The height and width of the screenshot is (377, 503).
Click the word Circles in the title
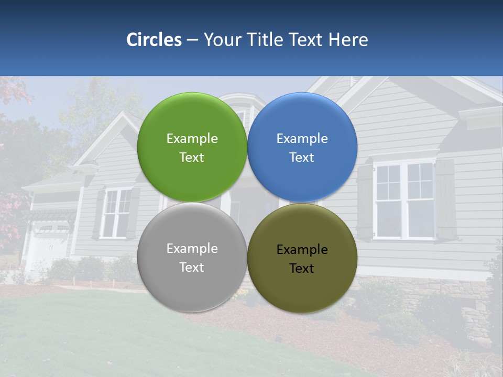tap(154, 40)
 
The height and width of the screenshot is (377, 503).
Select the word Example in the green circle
tap(192, 139)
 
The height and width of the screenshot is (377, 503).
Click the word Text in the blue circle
tap(302, 158)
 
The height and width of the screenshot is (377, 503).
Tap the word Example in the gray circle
tap(192, 249)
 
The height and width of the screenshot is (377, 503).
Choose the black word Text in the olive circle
tap(302, 269)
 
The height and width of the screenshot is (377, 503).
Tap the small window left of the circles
tap(116, 212)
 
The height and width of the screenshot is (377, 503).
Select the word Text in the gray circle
tap(192, 268)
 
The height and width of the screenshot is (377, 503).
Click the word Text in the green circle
tap(192, 158)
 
